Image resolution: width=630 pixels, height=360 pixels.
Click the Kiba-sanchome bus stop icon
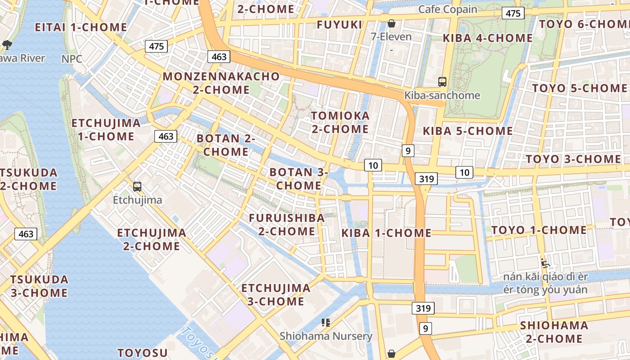442,82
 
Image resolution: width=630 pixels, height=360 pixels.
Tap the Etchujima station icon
137,187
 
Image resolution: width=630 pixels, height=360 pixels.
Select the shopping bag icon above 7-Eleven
391,23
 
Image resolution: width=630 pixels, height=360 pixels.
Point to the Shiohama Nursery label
326,336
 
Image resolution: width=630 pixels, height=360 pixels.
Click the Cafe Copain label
448,9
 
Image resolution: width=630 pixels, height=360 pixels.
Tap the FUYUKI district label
340,25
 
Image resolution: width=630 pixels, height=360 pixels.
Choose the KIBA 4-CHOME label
488,38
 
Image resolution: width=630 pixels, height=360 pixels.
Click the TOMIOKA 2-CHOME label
340,122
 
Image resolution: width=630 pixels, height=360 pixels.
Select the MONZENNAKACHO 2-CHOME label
221,83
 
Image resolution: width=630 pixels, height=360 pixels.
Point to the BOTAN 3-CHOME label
299,179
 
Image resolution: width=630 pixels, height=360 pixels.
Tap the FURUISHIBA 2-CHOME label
287,225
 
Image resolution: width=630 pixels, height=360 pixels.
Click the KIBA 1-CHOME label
387,233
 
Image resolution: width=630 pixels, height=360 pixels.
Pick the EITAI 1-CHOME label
81,27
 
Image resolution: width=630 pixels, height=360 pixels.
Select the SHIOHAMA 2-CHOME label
554,332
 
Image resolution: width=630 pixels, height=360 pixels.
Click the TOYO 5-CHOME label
580,88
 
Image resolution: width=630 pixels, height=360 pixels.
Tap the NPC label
72,59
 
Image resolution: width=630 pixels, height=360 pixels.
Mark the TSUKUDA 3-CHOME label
39,286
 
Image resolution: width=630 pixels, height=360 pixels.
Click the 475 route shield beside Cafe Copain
513,13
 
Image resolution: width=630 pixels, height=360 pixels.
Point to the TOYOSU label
143,353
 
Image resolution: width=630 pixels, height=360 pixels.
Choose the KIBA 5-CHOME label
468,131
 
